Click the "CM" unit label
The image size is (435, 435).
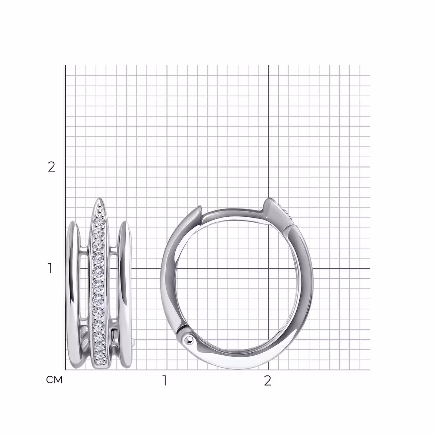(x=54, y=380)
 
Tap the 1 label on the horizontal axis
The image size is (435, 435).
(x=164, y=381)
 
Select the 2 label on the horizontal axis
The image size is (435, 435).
(x=268, y=381)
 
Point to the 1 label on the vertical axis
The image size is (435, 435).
(x=50, y=268)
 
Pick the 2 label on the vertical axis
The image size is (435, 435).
(x=51, y=167)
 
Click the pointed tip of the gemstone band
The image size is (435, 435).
(x=100, y=198)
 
